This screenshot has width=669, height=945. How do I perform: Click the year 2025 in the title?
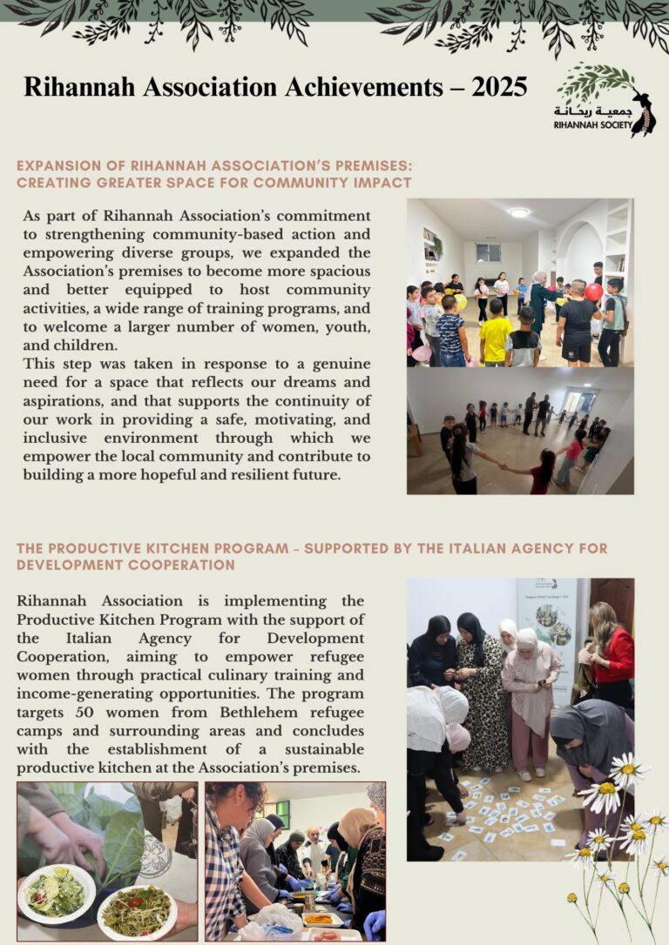tap(499, 87)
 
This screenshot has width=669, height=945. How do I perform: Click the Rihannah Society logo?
tap(605, 101)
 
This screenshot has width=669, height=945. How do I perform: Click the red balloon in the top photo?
tap(593, 292)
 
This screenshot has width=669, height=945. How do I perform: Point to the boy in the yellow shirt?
tap(496, 332)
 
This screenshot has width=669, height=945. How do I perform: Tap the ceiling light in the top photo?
tap(519, 212)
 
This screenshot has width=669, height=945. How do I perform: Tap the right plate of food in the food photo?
tap(137, 910)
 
